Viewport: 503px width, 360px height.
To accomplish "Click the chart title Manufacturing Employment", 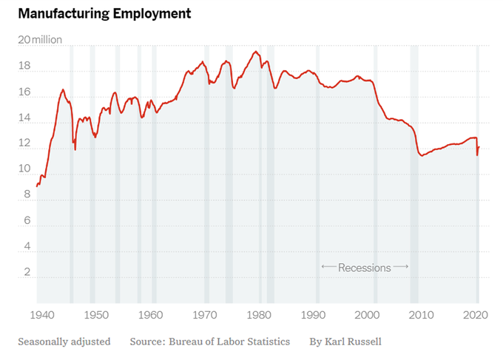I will point(104,13).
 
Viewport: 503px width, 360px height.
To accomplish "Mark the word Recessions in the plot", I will point(364,268).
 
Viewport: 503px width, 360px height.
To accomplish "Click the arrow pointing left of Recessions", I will point(328,267).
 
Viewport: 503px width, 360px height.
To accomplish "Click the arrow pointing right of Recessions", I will point(401,267).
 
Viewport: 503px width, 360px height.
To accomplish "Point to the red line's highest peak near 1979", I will point(255,52).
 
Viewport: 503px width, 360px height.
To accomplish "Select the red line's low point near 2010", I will point(422,155).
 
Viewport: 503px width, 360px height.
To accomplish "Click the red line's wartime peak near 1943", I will point(63,89).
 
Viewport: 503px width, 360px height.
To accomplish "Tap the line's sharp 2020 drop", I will point(477,154).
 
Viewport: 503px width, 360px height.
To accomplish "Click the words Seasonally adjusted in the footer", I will point(64,342).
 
